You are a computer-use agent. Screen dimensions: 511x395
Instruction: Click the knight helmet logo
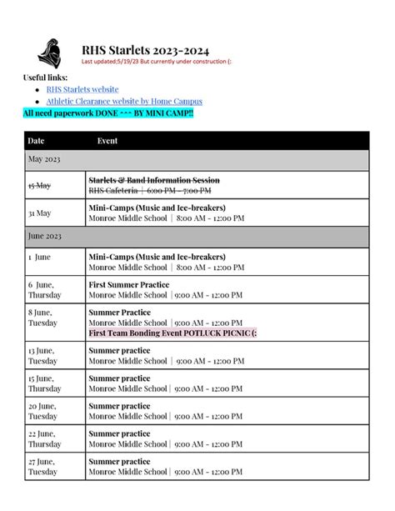point(49,53)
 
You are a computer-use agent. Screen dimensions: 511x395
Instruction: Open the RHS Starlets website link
point(82,89)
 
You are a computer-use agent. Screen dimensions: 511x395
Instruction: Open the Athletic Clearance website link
point(124,102)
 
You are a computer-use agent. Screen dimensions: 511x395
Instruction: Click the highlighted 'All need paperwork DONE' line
point(108,113)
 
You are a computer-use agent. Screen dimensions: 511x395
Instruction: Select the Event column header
point(107,141)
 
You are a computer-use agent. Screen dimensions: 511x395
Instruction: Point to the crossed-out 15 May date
point(39,185)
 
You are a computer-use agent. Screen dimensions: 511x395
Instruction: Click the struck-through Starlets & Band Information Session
point(154,180)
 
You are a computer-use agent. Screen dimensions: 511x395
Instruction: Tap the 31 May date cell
point(39,213)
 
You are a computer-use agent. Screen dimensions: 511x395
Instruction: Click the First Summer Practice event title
point(129,284)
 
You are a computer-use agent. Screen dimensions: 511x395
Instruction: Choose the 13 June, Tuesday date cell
point(43,357)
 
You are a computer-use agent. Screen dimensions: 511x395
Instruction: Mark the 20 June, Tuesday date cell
point(43,411)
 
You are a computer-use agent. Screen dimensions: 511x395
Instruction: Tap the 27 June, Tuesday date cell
point(43,465)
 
